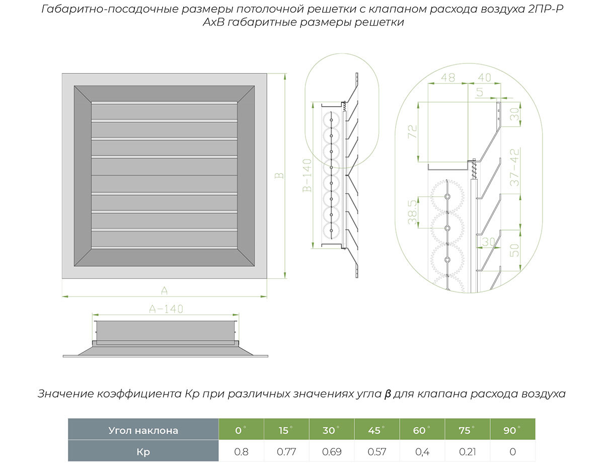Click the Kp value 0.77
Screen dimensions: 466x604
[286, 451]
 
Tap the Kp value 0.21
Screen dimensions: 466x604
[467, 451]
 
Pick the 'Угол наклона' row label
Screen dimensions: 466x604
[143, 430]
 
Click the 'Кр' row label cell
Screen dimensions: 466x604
[143, 451]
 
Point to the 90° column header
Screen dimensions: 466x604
[512, 430]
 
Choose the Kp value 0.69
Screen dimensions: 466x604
[332, 451]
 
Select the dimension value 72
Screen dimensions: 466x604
[413, 132]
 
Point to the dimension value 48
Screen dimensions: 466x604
[447, 77]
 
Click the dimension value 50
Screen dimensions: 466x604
[514, 250]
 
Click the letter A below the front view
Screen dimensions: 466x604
[164, 290]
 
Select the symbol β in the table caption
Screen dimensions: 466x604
[387, 394]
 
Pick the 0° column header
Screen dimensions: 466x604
[241, 430]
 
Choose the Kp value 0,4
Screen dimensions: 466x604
[422, 451]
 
